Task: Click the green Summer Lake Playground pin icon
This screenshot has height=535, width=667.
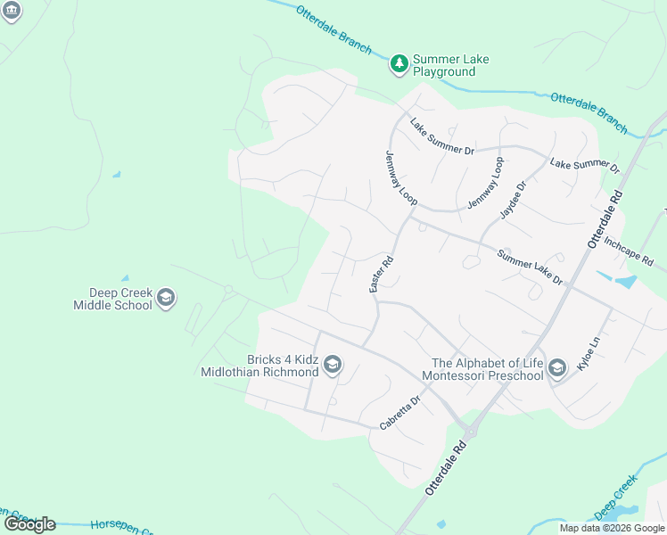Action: [399, 63]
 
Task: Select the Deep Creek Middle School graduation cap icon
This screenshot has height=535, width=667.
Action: [165, 298]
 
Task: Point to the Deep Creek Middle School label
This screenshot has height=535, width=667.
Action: [113, 299]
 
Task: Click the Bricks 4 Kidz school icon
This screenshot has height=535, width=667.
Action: [333, 364]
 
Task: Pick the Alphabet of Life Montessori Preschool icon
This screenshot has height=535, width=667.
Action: [557, 368]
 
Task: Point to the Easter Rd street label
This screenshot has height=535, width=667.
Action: [382, 276]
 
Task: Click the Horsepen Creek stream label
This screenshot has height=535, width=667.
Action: [116, 526]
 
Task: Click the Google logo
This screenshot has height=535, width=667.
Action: [29, 524]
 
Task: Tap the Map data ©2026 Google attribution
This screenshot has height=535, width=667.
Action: [612, 528]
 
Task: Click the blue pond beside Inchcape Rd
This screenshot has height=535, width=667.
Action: [625, 282]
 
